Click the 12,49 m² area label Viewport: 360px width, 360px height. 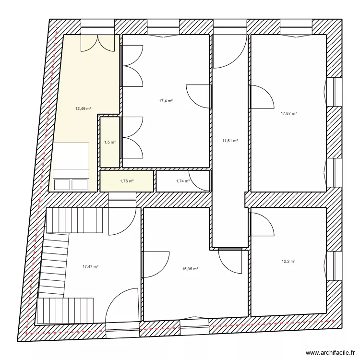(83, 108)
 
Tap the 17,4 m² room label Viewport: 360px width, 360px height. (166, 101)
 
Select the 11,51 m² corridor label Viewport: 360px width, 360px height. (230, 141)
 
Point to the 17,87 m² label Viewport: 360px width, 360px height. (288, 114)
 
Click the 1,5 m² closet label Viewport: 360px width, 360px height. (110, 142)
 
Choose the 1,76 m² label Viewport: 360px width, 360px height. (127, 181)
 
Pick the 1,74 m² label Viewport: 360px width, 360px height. (182, 181)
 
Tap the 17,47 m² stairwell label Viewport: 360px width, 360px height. (90, 266)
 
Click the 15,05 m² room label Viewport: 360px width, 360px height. (190, 269)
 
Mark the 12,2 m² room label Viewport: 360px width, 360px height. (288, 261)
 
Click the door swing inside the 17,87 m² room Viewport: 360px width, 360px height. (260, 97)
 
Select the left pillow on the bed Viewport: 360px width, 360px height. (62, 184)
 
